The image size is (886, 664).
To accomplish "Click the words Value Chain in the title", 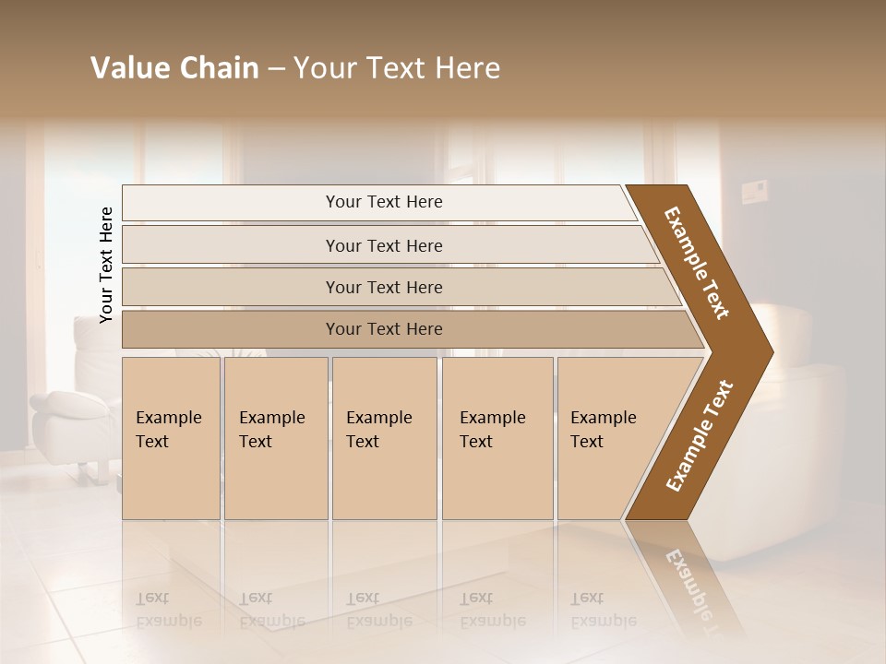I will point(174,68).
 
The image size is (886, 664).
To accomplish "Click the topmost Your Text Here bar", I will point(383,202).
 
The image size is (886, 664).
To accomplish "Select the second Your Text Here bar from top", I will point(383,245).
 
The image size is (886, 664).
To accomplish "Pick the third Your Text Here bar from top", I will point(383,287).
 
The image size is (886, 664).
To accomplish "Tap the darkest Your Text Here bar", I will point(383,329).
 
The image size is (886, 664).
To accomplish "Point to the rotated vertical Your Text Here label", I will point(106,265).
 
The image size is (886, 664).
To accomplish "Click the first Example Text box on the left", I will point(171,437).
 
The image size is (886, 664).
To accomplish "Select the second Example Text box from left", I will point(275,437).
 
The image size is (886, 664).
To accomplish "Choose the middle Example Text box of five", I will point(384,437).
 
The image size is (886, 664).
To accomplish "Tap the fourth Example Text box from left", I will point(497,437).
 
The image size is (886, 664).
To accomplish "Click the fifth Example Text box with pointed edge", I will point(609,437).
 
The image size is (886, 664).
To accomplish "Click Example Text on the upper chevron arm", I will point(697,263).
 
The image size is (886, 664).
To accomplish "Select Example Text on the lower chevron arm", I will point(699,435).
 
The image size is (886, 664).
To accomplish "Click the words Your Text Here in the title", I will point(397,68).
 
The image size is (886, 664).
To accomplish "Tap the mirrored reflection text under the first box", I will point(169,609).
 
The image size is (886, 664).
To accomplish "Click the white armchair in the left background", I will point(74,406).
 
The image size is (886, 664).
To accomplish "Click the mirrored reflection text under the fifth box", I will point(604,609).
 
